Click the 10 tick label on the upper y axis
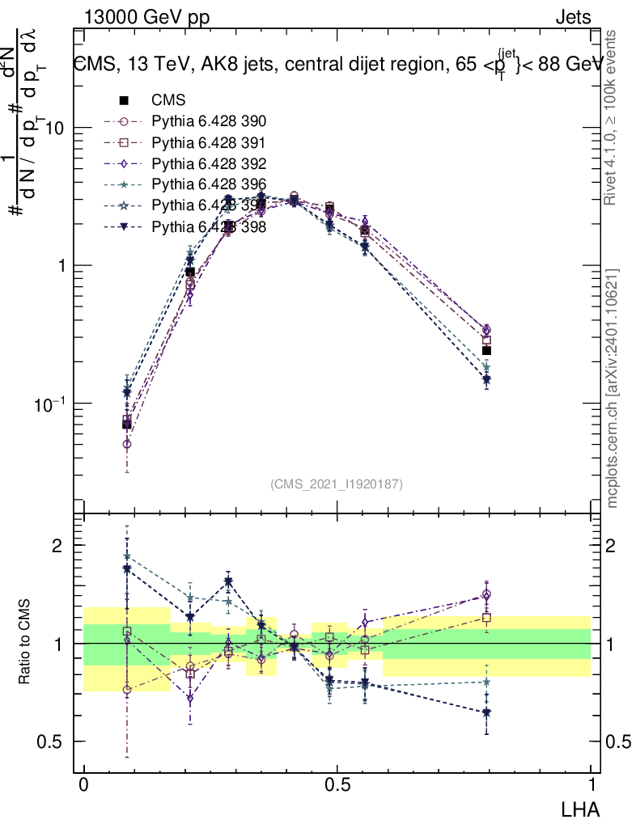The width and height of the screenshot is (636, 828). tap(53, 129)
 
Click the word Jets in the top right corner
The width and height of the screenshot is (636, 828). tap(572, 17)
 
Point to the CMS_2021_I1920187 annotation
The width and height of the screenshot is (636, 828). tap(337, 484)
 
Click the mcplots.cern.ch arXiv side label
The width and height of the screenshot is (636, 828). tap(613, 388)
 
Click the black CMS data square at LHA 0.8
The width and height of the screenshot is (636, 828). tap(486, 350)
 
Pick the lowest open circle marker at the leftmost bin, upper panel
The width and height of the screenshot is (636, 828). tap(126, 444)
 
